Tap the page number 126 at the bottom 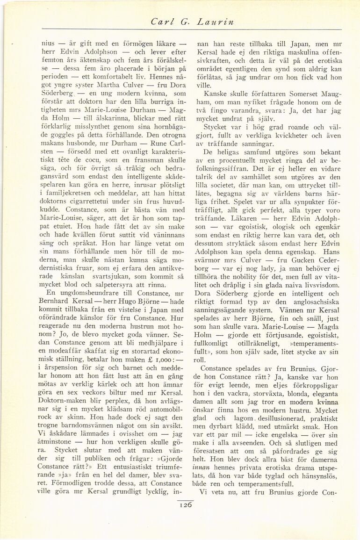185,504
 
